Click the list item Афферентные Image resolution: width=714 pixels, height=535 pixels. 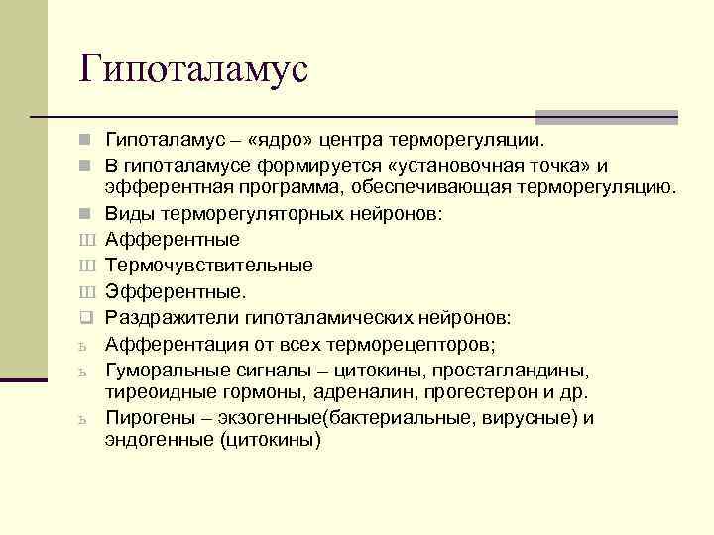pos(172,239)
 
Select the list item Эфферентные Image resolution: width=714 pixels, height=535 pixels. pos(175,291)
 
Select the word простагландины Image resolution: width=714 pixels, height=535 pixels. pos(520,370)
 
